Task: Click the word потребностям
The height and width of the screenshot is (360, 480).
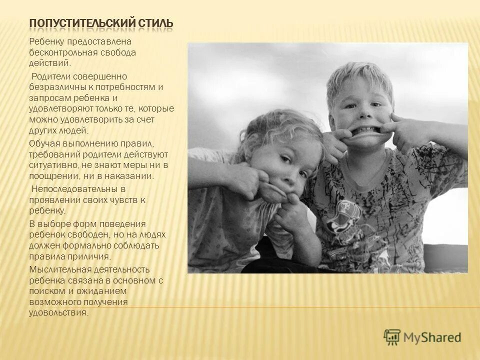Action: (126, 86)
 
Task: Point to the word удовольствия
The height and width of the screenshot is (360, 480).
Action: (58, 313)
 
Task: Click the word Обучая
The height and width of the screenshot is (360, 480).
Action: (42, 143)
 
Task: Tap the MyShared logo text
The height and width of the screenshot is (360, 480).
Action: (432, 337)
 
